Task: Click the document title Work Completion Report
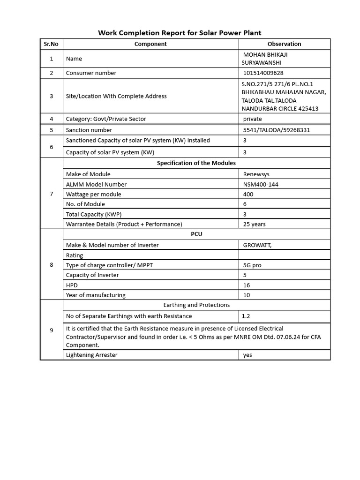click(180, 33)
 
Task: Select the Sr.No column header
click(51, 44)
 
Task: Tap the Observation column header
click(284, 44)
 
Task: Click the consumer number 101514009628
click(263, 73)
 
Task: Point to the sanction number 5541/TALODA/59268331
click(277, 130)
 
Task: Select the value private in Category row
click(253, 119)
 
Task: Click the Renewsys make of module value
click(256, 174)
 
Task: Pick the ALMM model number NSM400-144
click(261, 184)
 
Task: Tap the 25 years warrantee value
click(255, 224)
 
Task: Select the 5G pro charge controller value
click(253, 265)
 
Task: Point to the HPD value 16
click(247, 285)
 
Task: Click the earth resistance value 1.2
click(246, 316)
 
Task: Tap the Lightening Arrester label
click(92, 355)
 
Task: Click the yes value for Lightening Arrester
click(247, 355)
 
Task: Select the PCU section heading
click(197, 234)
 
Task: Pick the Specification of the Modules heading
click(196, 163)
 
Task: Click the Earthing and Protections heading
click(196, 305)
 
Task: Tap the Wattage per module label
click(94, 194)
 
